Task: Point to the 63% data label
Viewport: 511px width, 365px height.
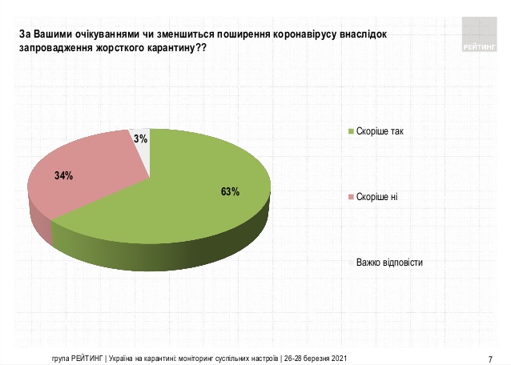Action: click(x=231, y=191)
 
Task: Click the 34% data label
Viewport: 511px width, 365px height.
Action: click(x=64, y=175)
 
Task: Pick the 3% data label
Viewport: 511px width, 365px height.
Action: click(x=140, y=139)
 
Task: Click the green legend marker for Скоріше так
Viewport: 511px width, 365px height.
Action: click(x=349, y=130)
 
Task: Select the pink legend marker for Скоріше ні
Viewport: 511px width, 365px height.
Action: click(x=349, y=196)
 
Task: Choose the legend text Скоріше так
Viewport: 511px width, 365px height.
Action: click(x=380, y=130)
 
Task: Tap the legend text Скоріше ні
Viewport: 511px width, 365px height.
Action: click(x=377, y=196)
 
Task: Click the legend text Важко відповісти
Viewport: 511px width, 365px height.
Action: click(x=389, y=262)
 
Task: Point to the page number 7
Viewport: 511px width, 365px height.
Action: click(x=489, y=357)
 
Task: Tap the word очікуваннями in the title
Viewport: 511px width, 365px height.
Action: click(x=88, y=35)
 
